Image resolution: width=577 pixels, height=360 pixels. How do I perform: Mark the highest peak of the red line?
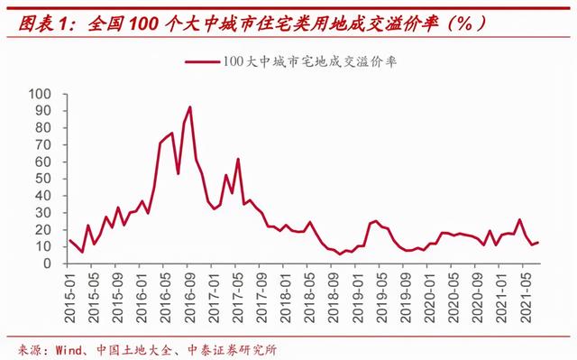point(189,107)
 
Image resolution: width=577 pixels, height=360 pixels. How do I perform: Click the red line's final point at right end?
point(538,242)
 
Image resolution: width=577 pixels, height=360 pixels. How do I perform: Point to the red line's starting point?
point(70,240)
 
